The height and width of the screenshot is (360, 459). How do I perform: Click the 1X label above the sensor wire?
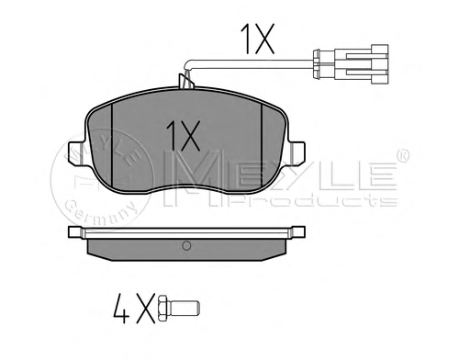coord(258,39)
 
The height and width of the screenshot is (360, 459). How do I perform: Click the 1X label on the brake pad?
coord(183,136)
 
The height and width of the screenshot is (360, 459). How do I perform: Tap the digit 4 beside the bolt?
coord(121,309)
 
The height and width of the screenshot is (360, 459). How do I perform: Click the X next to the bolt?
coord(146,309)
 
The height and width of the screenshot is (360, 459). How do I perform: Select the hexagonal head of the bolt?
coord(162,309)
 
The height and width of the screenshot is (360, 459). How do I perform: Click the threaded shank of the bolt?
coord(184,309)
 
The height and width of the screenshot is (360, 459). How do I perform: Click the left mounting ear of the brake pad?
coord(76,153)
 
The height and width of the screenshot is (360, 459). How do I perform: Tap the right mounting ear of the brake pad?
coord(297,153)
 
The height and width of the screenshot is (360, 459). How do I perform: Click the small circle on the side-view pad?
coord(186,245)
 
